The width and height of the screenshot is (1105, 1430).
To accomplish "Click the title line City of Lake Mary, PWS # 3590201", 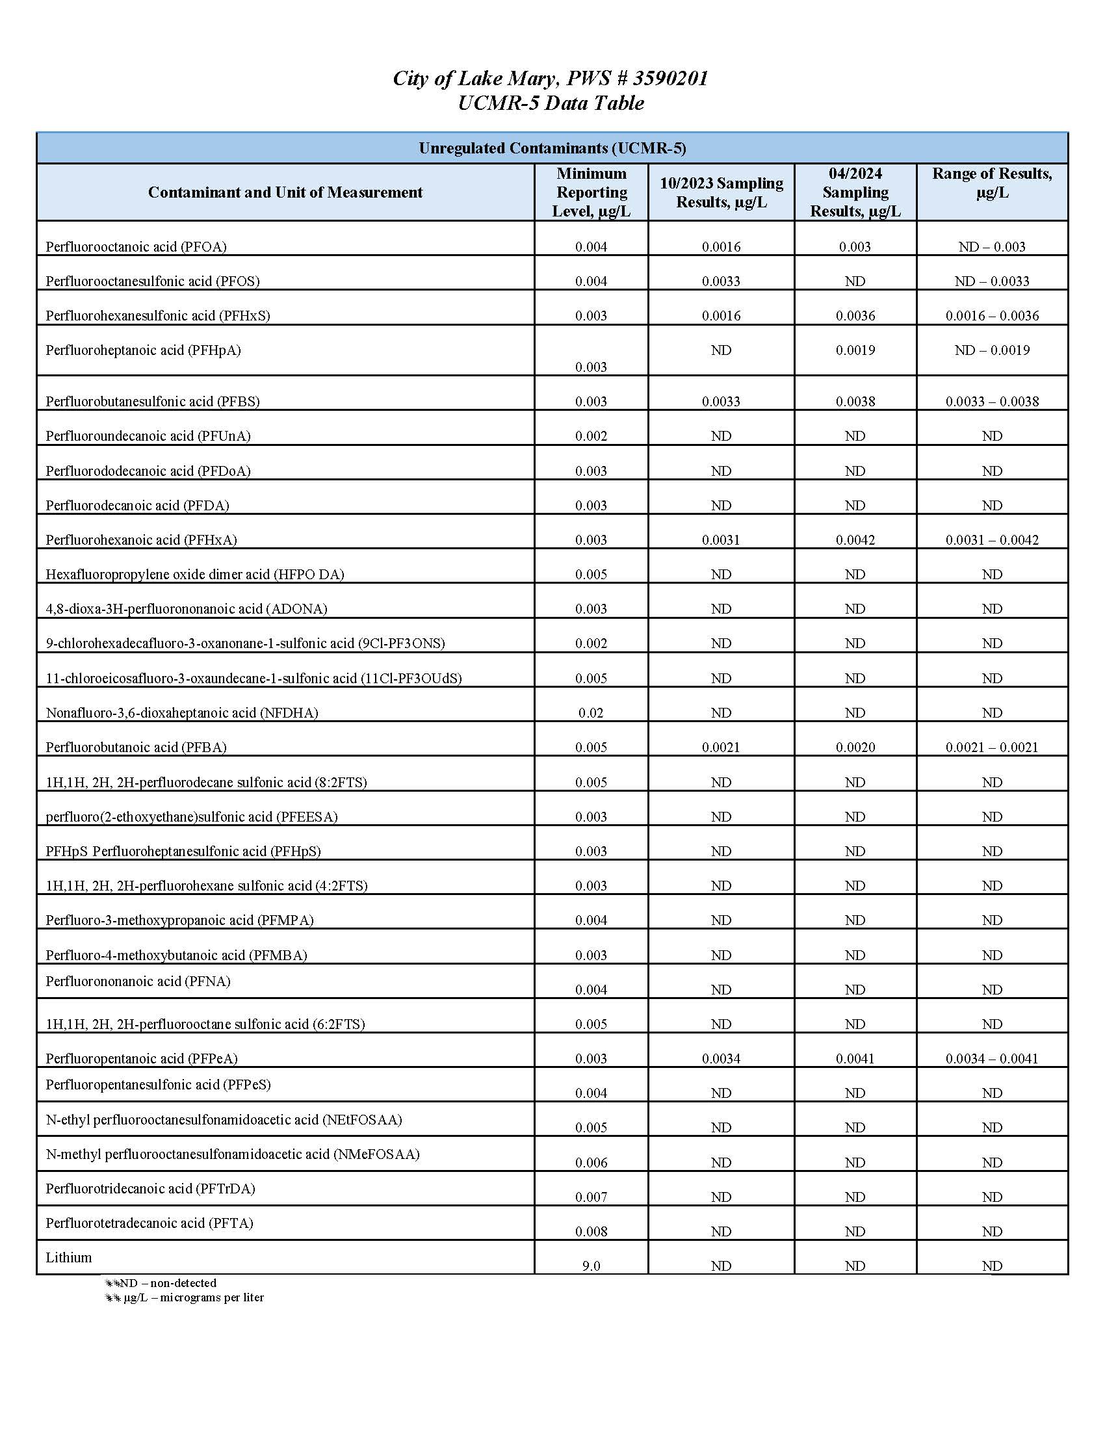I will tap(550, 79).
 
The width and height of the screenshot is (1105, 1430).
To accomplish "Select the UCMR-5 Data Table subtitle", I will tap(551, 103).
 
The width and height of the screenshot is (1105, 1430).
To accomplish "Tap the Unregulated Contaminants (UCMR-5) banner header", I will tap(552, 148).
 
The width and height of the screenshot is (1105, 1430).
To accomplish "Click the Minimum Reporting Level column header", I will tap(591, 192).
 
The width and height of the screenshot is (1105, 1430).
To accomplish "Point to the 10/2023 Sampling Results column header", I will tap(721, 192).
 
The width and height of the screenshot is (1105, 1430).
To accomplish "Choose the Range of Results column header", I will tap(992, 183).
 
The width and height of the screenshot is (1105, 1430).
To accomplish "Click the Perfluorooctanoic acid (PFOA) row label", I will tap(136, 247).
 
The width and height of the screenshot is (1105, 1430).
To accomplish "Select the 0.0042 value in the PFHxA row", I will tap(855, 540).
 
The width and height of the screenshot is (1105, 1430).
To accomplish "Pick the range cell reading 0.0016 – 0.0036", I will tap(992, 316).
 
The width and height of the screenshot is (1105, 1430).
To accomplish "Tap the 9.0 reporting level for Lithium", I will tap(591, 1266).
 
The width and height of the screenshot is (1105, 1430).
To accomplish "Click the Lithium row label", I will tap(69, 1257).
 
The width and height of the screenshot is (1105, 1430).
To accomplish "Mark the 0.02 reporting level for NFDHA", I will tap(591, 713).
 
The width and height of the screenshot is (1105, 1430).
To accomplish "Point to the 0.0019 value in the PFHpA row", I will tap(855, 350).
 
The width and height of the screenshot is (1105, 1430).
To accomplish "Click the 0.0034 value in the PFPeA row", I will tap(721, 1059).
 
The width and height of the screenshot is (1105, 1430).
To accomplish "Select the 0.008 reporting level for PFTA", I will tap(591, 1232).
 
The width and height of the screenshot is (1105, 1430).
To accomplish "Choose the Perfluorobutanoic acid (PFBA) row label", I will tap(136, 747).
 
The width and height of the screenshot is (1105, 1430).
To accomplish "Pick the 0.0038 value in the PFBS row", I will tap(855, 401).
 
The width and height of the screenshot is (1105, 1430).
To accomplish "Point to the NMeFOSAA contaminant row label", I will tap(233, 1154).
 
